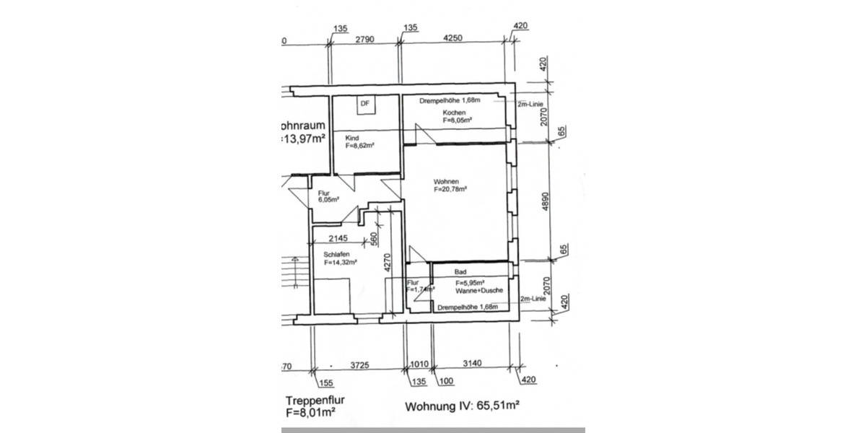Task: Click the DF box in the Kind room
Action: (x=365, y=105)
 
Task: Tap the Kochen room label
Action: (x=454, y=113)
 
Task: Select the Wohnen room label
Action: (x=446, y=181)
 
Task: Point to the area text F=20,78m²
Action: (x=450, y=189)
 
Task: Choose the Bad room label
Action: (x=461, y=272)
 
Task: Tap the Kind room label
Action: (x=352, y=138)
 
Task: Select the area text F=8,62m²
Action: (x=359, y=146)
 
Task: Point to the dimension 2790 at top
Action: (x=365, y=41)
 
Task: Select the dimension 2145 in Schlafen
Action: (x=337, y=239)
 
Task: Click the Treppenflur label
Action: (x=311, y=401)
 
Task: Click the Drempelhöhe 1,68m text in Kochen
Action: (x=450, y=100)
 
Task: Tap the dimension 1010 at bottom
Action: (x=419, y=365)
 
